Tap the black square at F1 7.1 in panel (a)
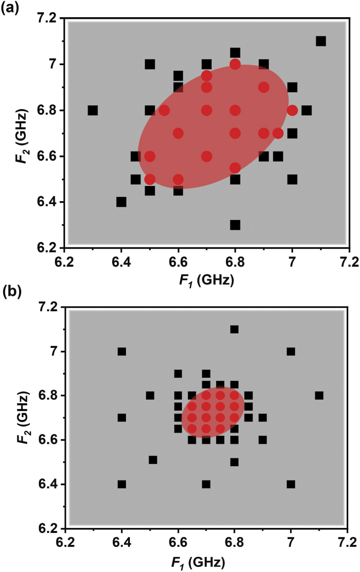pyautogui.click(x=321, y=41)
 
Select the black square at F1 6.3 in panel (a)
pyautogui.click(x=92, y=110)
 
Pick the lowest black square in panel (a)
pyautogui.click(x=235, y=225)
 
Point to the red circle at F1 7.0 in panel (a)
pyautogui.click(x=292, y=110)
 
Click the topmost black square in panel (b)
pyautogui.click(x=234, y=330)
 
